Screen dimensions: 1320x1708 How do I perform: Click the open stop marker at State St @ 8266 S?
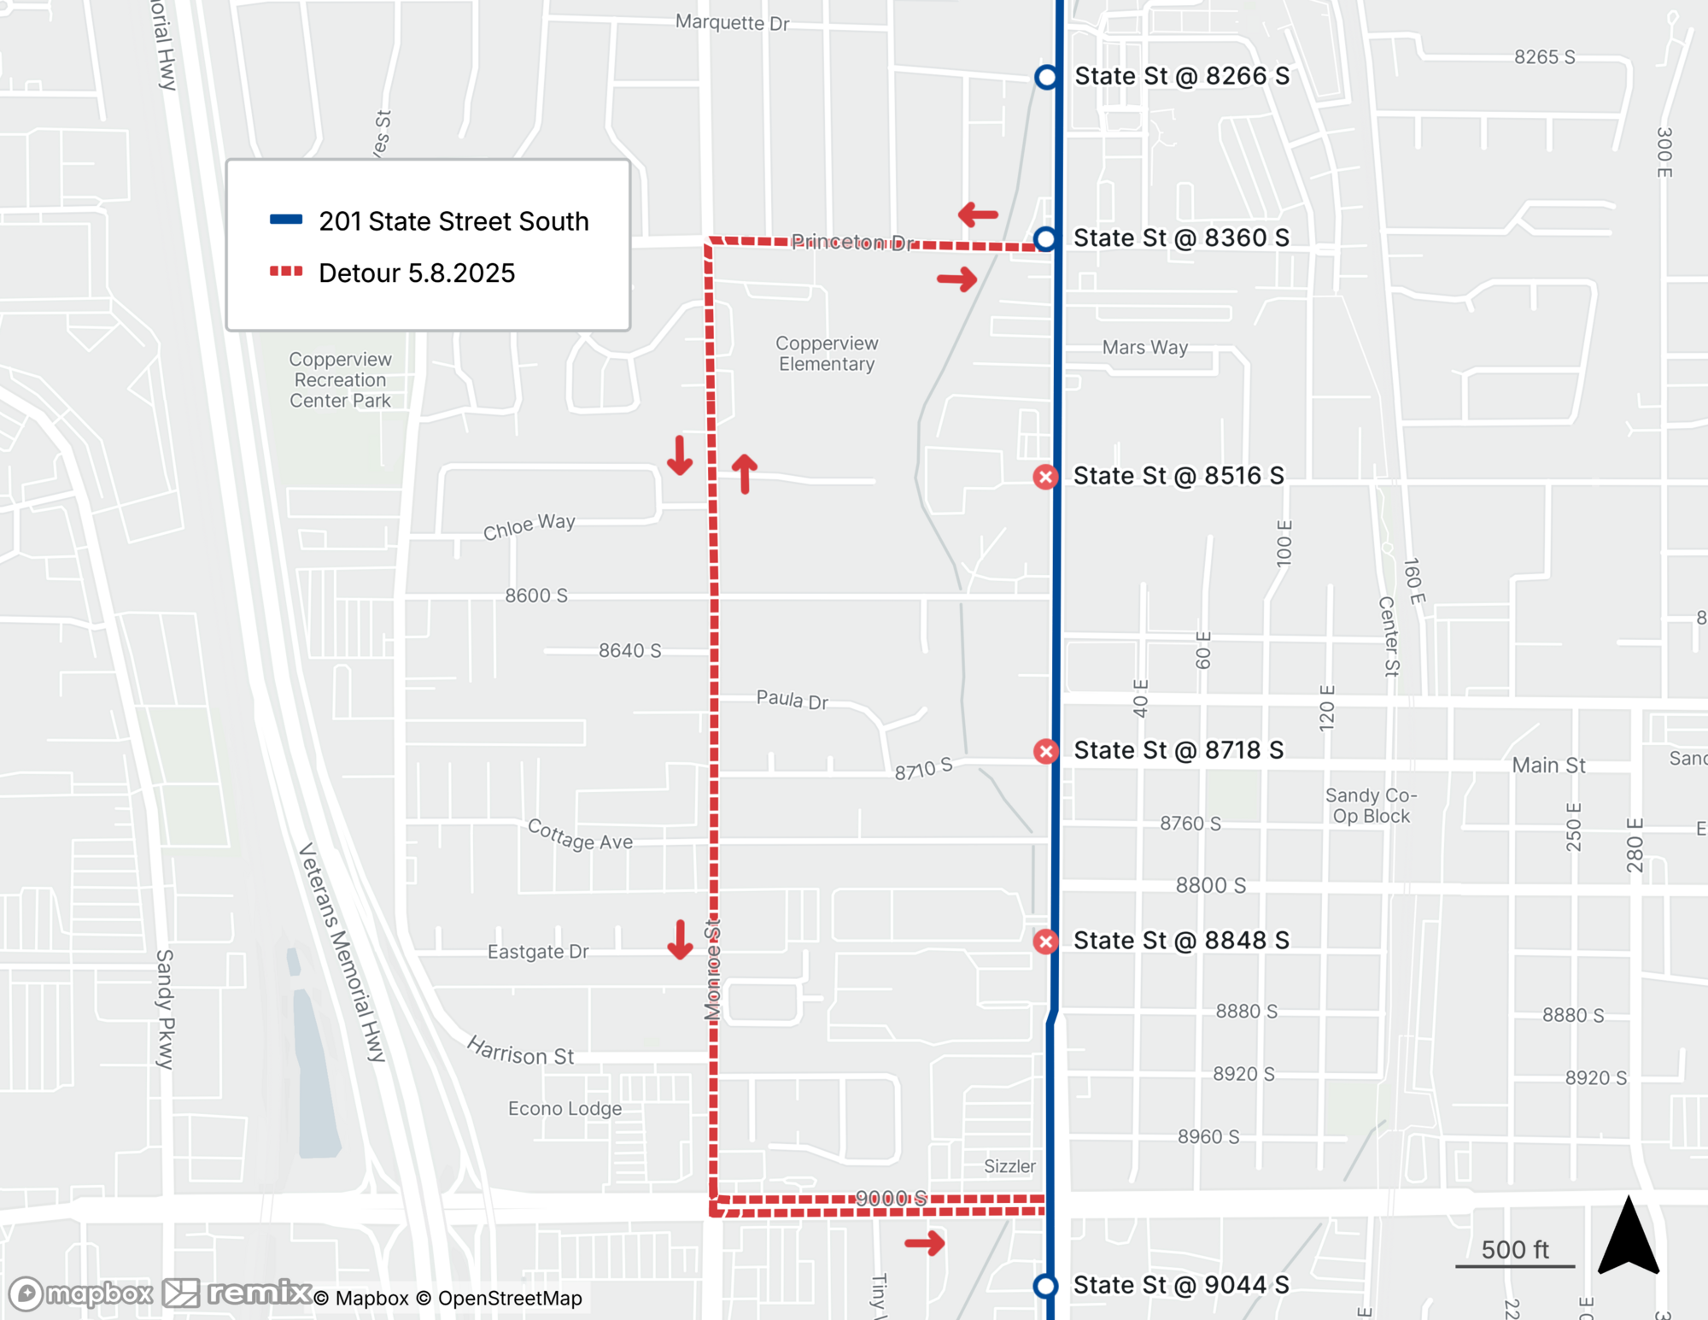[x=1046, y=77]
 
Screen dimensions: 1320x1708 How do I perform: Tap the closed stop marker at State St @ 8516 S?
[x=1045, y=477]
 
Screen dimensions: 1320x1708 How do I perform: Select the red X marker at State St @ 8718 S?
[x=1045, y=751]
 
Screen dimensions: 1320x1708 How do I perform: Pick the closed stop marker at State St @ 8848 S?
[x=1045, y=942]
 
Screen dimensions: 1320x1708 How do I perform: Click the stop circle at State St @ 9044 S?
[x=1045, y=1286]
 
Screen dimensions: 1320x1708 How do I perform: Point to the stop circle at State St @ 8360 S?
[x=1045, y=238]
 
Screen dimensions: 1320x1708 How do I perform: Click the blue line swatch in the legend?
[x=286, y=220]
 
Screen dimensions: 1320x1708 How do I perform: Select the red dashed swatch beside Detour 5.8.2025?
[x=286, y=272]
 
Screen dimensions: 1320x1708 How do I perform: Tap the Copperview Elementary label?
[x=826, y=354]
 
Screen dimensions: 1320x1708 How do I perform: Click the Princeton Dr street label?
[x=851, y=243]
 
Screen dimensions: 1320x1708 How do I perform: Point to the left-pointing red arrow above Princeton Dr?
[x=978, y=214]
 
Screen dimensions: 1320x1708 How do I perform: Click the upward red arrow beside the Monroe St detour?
[x=745, y=473]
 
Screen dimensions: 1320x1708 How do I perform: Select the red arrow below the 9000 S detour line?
[x=925, y=1242]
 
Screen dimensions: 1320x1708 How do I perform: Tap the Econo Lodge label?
[x=564, y=1108]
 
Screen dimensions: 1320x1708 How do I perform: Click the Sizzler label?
[x=1009, y=1166]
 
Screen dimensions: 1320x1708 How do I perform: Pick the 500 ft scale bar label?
[x=1514, y=1250]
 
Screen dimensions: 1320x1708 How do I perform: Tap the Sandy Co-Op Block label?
[x=1371, y=806]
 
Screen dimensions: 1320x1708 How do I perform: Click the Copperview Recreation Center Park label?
[x=340, y=380]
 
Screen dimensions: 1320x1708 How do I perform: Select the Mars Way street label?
[x=1144, y=348]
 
